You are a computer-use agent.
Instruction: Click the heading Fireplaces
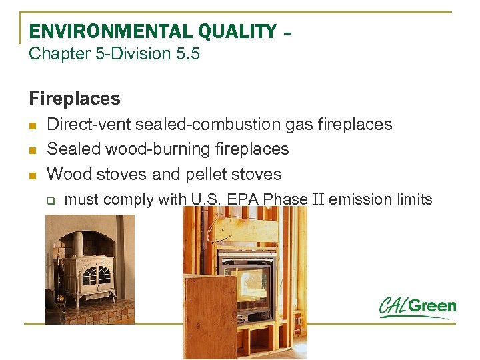[x=75, y=99]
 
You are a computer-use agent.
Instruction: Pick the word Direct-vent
[x=89, y=125]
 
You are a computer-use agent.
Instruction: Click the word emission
[x=360, y=199]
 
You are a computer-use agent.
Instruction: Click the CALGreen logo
[x=417, y=307]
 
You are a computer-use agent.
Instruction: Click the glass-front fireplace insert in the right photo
[x=247, y=280]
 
